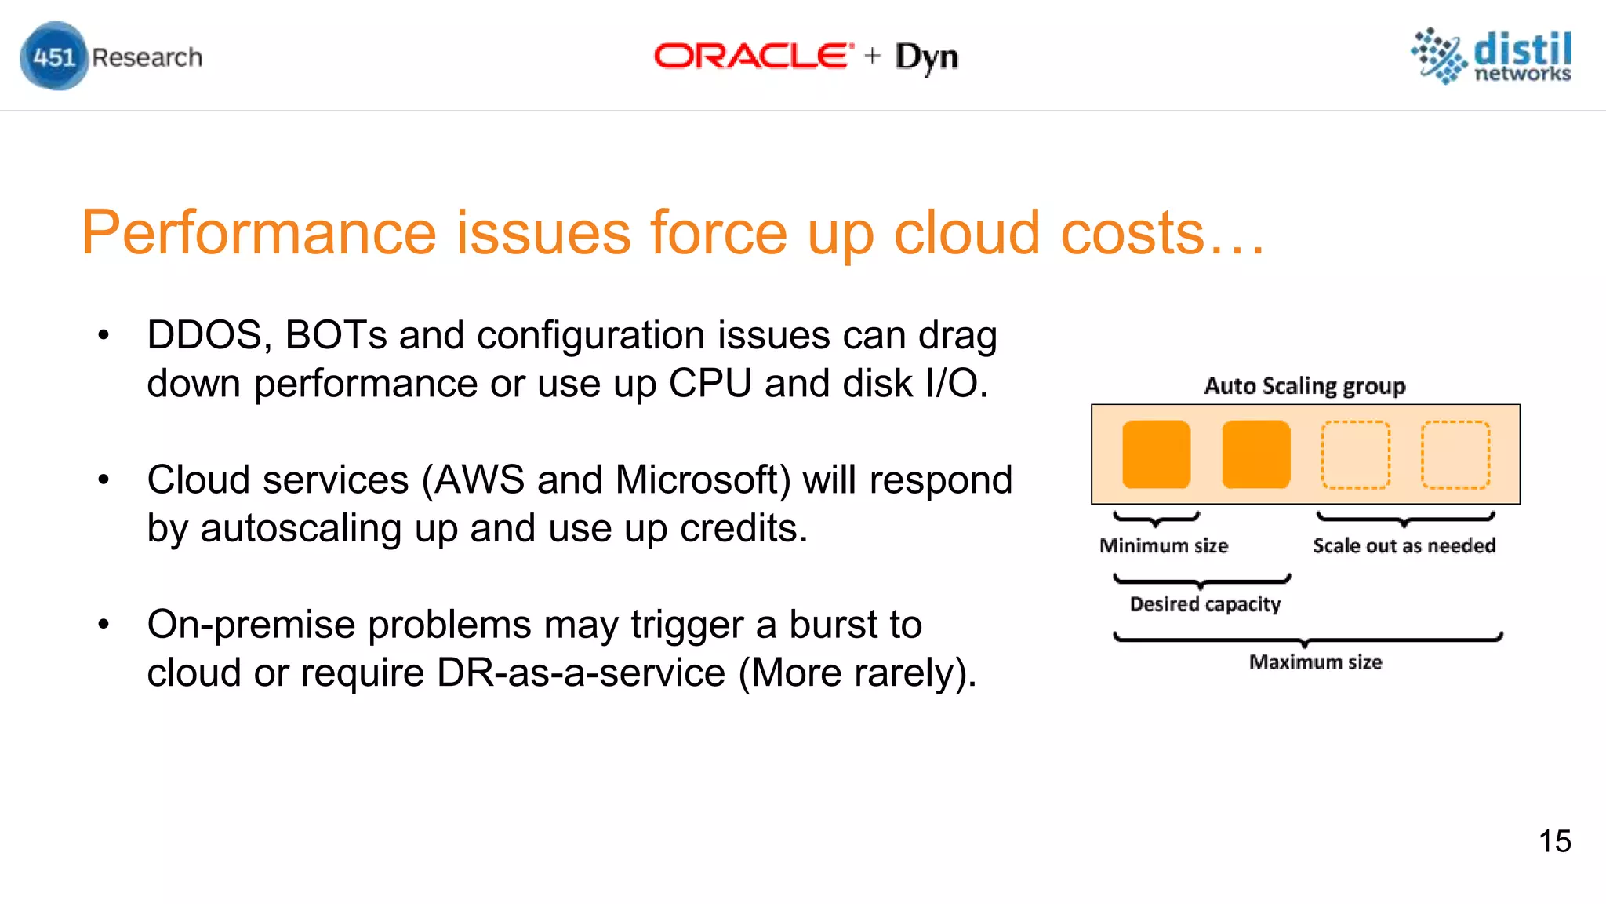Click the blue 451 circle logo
point(53,56)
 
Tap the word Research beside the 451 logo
point(147,57)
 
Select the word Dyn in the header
point(926,57)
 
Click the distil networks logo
point(1492,56)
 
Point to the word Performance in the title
point(259,233)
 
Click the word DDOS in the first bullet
point(204,335)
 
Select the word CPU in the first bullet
point(710,384)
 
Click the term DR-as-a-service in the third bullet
point(580,673)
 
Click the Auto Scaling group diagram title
point(1305,386)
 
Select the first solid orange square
point(1156,454)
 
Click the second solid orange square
point(1255,454)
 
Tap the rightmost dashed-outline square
point(1455,454)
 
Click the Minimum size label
point(1164,545)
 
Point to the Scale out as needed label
point(1404,545)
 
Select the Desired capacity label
point(1205,603)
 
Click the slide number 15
point(1554,841)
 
